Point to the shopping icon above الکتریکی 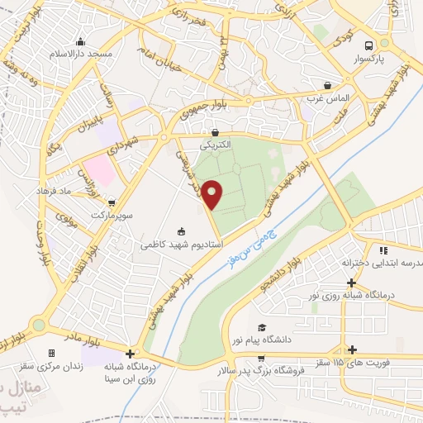click(x=215, y=131)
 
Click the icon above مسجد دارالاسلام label click(x=79, y=43)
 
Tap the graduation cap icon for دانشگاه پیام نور click(x=262, y=327)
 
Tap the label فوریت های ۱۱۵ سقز click(x=363, y=364)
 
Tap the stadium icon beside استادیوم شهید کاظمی click(x=182, y=231)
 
